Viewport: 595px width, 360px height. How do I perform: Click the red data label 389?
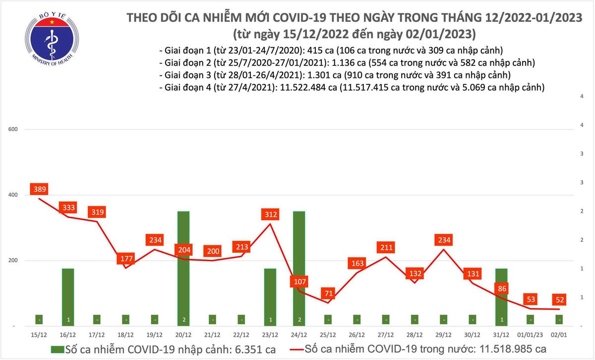point(39,189)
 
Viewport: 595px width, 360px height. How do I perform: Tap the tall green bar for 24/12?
point(299,248)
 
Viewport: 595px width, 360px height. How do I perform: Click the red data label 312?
point(270,215)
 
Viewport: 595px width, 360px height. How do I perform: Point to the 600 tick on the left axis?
point(13,129)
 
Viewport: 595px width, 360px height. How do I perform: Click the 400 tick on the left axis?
point(13,195)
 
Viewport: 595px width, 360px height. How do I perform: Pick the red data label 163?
point(357,263)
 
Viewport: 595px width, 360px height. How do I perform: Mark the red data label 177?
point(125,259)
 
